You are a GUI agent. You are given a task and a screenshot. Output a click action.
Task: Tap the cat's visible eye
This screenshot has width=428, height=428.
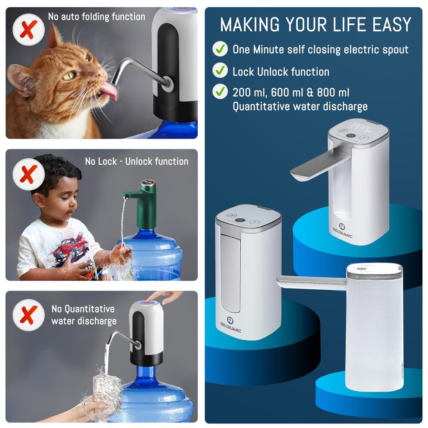coord(69,76)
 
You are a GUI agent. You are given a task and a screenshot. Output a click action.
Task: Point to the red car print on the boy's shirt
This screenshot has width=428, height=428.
coord(71,249)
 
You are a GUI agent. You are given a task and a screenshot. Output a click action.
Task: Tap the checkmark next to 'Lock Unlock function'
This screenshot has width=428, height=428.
coord(220,70)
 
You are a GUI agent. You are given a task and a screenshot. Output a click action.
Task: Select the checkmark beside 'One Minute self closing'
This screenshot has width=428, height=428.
coord(220,49)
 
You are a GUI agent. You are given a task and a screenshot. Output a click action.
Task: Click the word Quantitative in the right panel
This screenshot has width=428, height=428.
coord(260,106)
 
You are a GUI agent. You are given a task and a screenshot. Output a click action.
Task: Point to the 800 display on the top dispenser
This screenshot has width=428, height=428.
coord(359,127)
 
